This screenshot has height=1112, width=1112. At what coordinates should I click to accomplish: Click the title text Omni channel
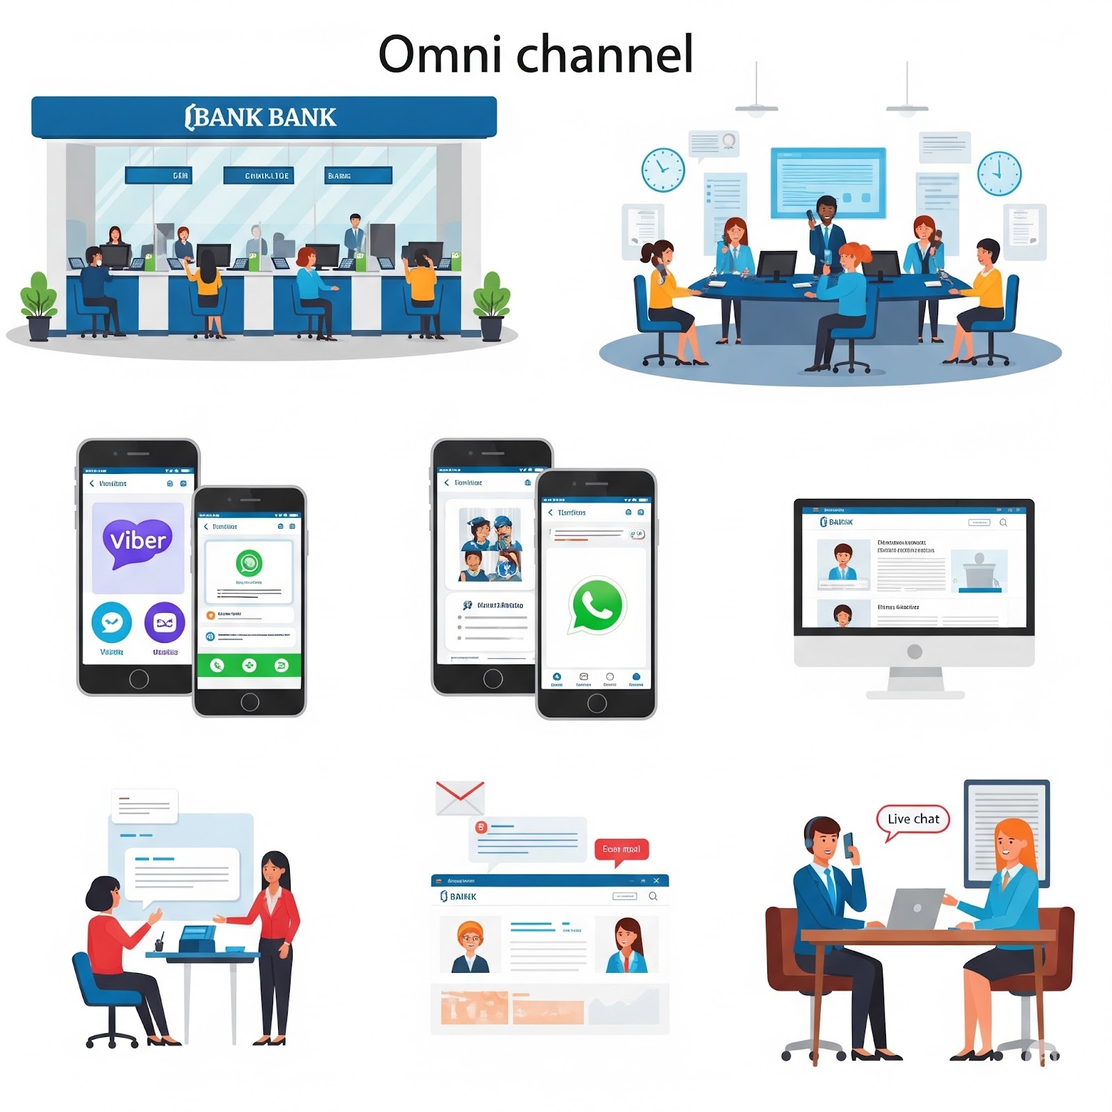(536, 54)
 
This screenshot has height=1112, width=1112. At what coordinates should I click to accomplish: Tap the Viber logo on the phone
(138, 541)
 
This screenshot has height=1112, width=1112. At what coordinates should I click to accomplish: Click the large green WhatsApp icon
(596, 605)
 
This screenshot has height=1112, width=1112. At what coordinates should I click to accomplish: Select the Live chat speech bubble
(913, 819)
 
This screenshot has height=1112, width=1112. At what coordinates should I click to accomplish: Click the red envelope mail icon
(459, 797)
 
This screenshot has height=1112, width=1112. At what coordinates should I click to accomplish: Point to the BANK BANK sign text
(261, 117)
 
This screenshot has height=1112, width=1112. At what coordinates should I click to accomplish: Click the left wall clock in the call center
(662, 170)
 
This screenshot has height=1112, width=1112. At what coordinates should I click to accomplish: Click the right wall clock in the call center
(999, 173)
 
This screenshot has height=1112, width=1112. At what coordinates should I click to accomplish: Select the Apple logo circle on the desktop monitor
(915, 651)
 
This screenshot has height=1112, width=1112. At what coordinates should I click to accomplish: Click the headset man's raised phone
(849, 844)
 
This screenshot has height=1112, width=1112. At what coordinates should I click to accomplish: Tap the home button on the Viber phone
(139, 678)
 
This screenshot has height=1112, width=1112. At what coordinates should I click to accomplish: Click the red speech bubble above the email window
(621, 849)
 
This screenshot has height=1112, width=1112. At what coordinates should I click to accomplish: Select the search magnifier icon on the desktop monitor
(1003, 523)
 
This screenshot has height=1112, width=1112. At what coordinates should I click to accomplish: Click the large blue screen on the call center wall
(828, 182)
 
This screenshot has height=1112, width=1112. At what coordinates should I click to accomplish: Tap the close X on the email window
(656, 881)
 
